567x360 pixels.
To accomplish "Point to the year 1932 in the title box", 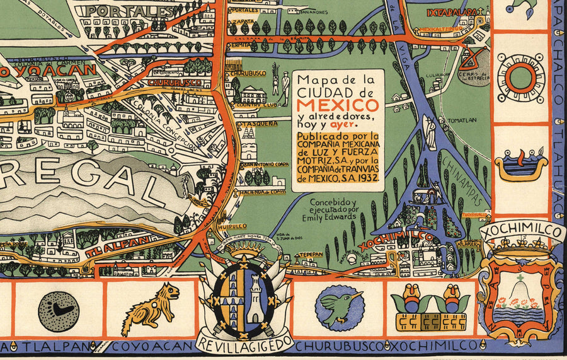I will (368, 178).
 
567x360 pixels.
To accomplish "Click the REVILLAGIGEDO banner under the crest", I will (244, 344).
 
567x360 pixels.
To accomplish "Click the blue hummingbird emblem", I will (340, 307).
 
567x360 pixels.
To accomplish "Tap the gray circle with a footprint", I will (59, 309).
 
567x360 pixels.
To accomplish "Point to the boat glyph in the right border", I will (520, 165).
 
